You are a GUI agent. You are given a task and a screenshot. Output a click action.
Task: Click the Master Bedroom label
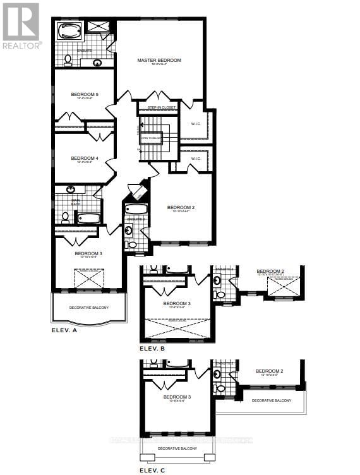(x=159, y=61)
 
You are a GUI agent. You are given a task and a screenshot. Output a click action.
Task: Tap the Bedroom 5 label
(x=82, y=95)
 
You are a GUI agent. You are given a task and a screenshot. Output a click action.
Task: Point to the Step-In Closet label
(x=162, y=108)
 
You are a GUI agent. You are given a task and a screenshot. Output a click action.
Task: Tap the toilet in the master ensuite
(x=67, y=59)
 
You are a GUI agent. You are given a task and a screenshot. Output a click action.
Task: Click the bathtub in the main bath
(x=88, y=219)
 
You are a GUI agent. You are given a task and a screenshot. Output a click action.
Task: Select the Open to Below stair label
(x=151, y=137)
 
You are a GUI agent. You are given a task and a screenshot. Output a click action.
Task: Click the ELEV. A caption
(x=64, y=330)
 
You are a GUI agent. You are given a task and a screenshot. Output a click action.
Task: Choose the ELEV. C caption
(x=152, y=469)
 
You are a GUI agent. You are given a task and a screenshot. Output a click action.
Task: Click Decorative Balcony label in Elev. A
(x=88, y=308)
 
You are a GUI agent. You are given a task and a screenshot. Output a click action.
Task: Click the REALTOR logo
(x=21, y=25)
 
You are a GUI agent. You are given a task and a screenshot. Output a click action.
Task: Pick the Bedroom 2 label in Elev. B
(x=270, y=272)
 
